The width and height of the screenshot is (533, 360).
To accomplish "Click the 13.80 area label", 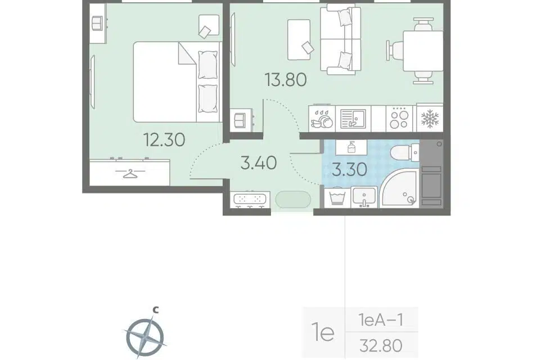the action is click(x=286, y=80).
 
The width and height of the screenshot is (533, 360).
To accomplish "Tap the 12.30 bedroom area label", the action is click(x=165, y=139).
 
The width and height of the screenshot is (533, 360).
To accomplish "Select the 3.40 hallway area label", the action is click(x=259, y=163).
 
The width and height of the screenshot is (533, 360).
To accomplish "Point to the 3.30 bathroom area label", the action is click(x=350, y=169).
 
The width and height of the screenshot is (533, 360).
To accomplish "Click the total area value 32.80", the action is click(x=381, y=346).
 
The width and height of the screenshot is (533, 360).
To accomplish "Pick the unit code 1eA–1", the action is click(x=381, y=320).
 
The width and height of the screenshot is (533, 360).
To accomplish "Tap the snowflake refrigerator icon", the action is click(x=430, y=118).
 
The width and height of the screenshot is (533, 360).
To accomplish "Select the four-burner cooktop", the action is click(x=399, y=118).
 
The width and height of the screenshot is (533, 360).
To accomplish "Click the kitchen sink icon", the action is click(x=353, y=118).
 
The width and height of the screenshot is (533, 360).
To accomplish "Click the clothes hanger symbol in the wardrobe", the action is click(x=129, y=173).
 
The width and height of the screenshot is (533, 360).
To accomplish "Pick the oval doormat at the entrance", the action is click(x=293, y=200).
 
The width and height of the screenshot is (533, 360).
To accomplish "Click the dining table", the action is click(x=423, y=51).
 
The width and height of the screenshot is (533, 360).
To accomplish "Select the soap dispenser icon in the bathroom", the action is click(x=351, y=147).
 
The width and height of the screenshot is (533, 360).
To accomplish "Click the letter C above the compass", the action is click(x=155, y=310).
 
